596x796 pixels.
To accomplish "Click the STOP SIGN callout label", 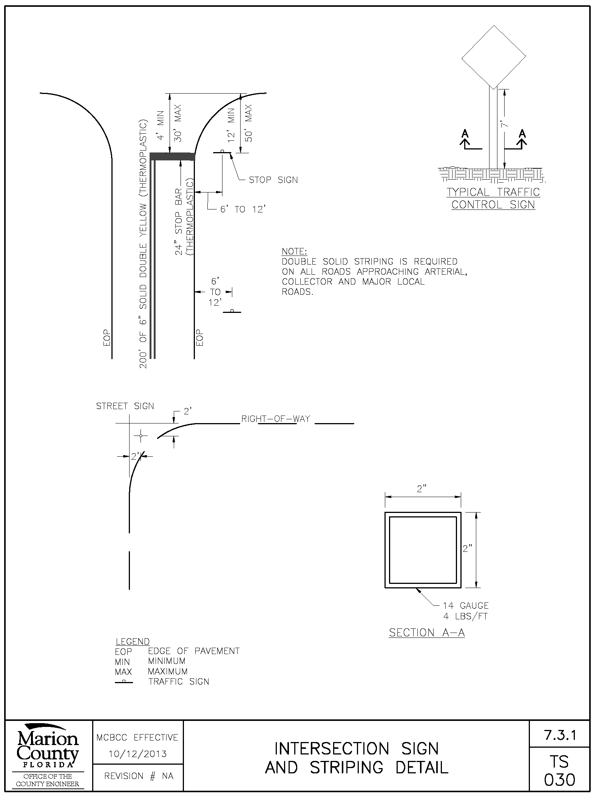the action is pos(273,180).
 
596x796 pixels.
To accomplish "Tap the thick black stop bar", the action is pos(172,157).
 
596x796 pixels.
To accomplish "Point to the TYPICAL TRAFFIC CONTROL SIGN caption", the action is pos(493,198).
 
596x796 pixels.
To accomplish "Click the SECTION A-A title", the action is pos(427,633).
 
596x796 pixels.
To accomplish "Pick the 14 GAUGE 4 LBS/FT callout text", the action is pos(466,611).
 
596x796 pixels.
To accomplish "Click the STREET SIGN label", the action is pos(125,406).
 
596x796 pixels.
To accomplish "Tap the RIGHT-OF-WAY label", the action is pos(276,419).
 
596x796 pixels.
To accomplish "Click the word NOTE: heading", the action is pos(295,251).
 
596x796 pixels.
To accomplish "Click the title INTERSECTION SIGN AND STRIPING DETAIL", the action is pos(357,758).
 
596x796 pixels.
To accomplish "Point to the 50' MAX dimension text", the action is pos(248,123).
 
